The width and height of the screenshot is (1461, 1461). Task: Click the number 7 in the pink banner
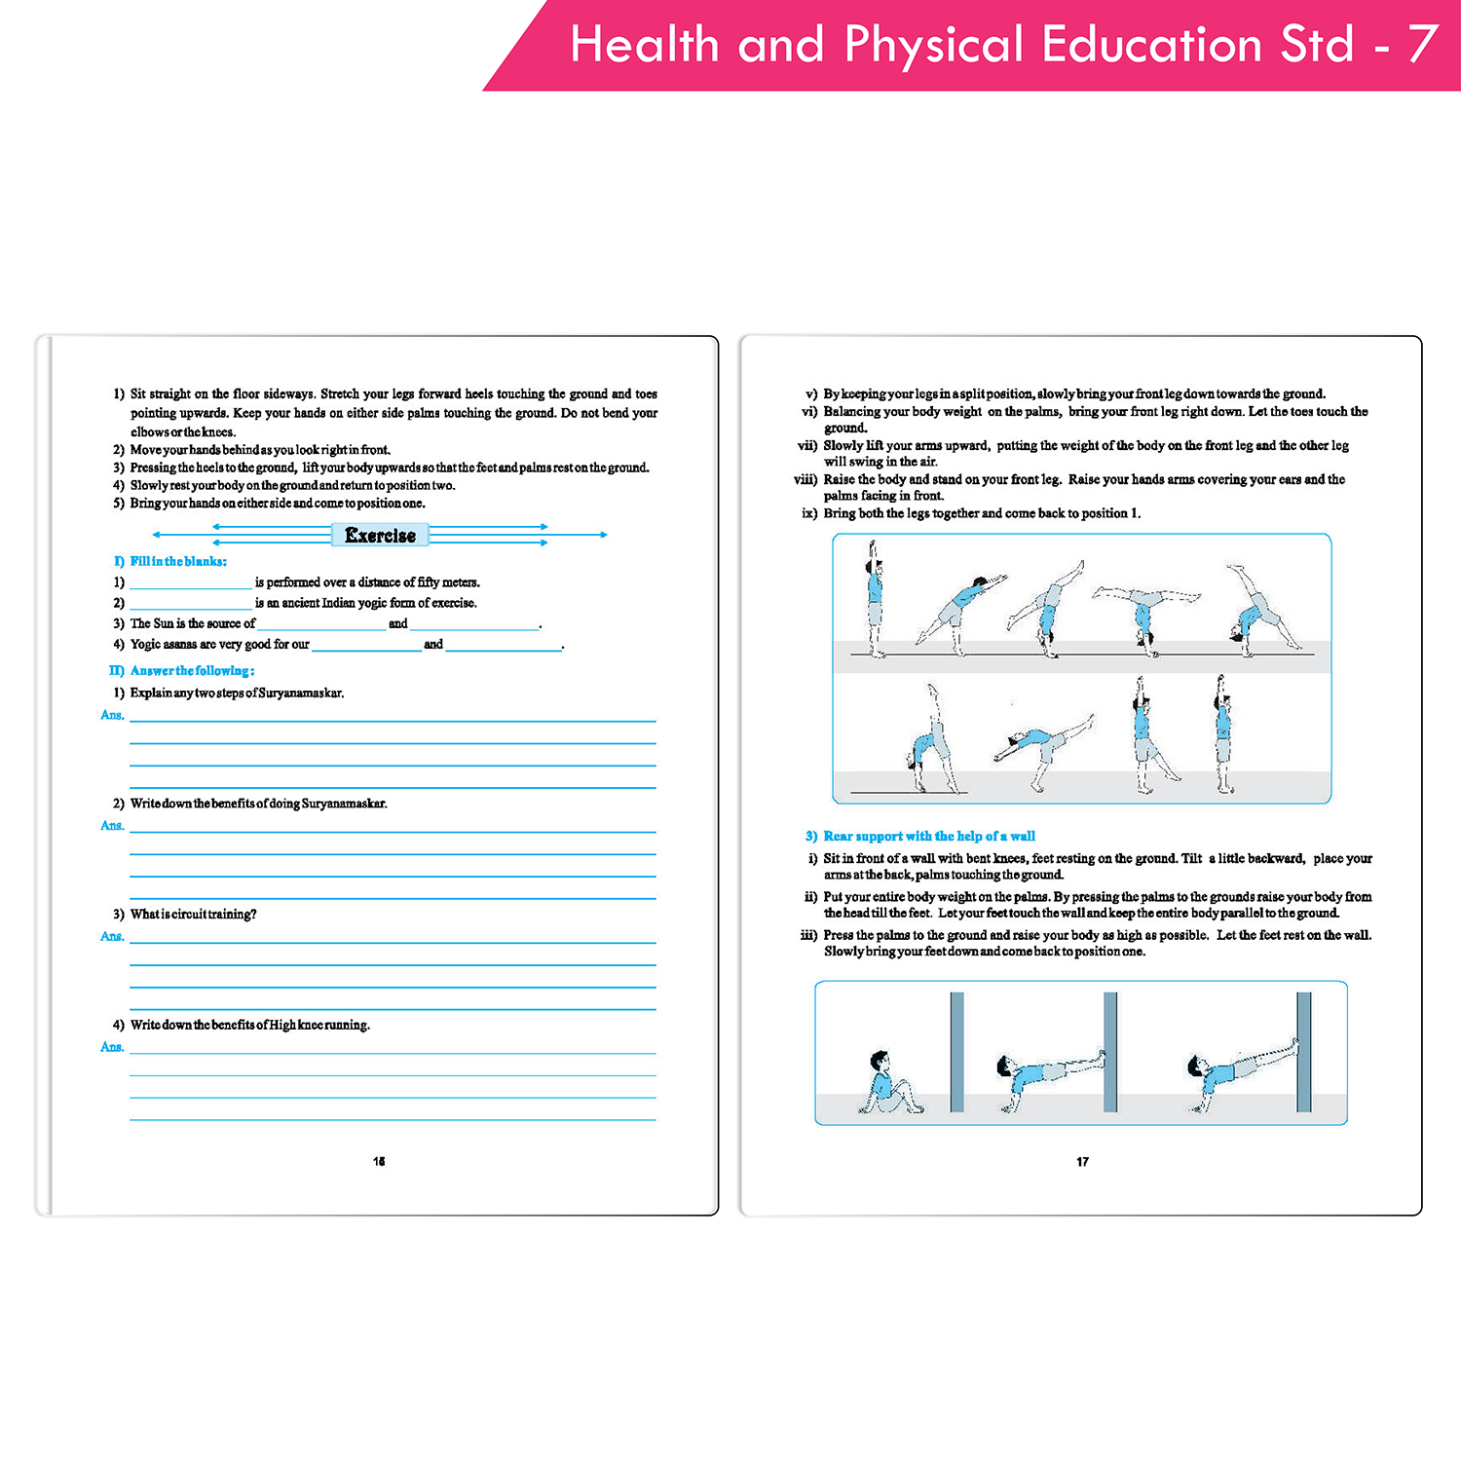coord(1423,44)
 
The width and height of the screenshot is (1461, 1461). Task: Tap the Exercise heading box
coord(380,535)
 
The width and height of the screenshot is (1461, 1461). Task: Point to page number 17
coord(1082,1162)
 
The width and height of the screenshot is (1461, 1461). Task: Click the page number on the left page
coord(379,1161)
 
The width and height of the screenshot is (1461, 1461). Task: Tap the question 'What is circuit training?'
coord(193,915)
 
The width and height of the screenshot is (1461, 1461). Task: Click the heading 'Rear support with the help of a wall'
coord(928,837)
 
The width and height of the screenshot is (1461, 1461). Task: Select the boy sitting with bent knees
coord(886,1083)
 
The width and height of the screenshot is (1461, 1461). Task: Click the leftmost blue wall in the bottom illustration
coord(956,1052)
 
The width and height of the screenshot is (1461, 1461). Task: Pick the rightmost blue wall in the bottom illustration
coord(1304,1052)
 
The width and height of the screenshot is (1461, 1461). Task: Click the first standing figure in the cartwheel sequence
coord(875,599)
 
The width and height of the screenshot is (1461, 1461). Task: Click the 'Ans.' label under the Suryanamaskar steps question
coord(112,715)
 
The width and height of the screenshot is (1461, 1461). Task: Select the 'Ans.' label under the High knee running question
coord(112,1047)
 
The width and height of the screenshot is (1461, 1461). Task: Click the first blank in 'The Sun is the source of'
coord(321,624)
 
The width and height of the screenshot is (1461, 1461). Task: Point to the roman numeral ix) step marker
coord(809,513)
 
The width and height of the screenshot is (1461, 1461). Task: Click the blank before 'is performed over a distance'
coord(191,583)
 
